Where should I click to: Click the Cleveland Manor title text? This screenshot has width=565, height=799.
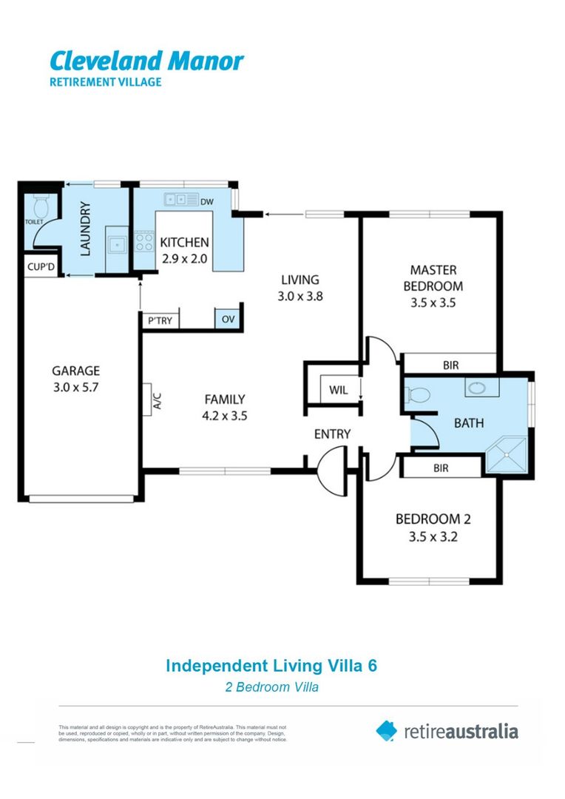tap(146, 61)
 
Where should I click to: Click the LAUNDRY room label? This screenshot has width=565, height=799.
tap(84, 229)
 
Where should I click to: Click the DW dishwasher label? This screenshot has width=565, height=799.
tap(207, 200)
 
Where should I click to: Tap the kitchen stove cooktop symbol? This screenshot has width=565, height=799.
tap(143, 243)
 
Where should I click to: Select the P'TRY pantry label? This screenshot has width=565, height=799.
tap(160, 320)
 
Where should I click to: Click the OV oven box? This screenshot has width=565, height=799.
tap(226, 320)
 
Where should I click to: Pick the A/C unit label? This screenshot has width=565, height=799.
tap(156, 401)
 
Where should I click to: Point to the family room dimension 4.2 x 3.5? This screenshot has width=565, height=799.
tap(225, 416)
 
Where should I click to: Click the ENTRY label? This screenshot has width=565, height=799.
tap(332, 434)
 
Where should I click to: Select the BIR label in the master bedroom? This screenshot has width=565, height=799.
tap(450, 365)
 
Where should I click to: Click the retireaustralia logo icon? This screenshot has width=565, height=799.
tap(387, 731)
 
